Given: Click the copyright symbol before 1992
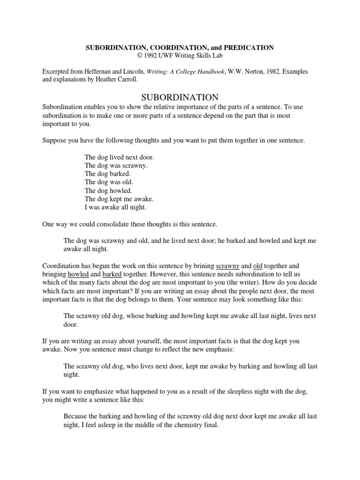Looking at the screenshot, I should tap(139, 55).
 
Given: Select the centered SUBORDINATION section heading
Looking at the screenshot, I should tap(180, 97).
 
